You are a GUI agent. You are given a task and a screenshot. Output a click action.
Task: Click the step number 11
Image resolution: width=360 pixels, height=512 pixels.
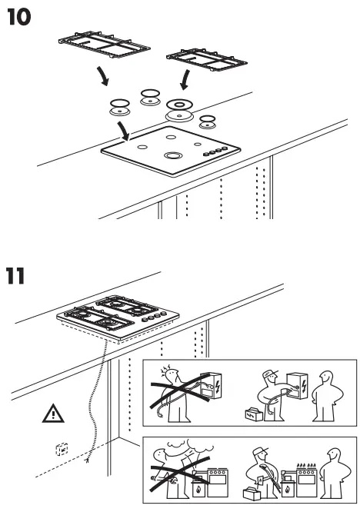coord(18,275)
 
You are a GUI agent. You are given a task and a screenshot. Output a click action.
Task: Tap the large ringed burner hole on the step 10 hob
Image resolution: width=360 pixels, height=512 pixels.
coord(171,156)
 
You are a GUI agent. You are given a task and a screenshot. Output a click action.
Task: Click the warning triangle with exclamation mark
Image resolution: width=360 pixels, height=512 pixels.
coord(53,414)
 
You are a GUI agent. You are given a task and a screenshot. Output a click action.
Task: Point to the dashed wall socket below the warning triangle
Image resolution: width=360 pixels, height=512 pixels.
coord(62,449)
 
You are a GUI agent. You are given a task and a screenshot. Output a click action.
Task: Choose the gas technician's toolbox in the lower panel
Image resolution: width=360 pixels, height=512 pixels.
coord(251,489)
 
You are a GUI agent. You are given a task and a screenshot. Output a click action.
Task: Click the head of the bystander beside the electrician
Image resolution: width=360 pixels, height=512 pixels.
coord(327,378)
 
